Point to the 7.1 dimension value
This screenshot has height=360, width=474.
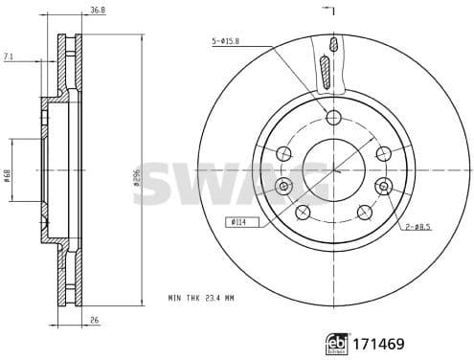(x=9, y=57)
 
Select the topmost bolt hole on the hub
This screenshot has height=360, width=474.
(x=332, y=118)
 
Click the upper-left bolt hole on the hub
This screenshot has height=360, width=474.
(x=284, y=153)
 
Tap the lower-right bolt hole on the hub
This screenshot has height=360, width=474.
(x=363, y=211)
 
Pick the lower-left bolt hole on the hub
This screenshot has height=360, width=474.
(x=303, y=211)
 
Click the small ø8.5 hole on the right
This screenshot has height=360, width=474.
(x=382, y=186)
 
